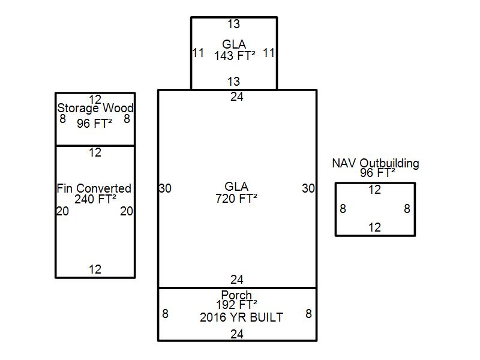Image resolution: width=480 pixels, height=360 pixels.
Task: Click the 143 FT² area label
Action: coord(235,55)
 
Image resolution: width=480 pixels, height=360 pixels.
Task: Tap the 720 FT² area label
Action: coord(236,199)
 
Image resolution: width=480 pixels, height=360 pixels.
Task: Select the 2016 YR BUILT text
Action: coord(241,317)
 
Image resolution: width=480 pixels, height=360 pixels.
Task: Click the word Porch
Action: coord(236,295)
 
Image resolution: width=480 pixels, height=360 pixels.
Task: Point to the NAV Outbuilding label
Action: coord(376,163)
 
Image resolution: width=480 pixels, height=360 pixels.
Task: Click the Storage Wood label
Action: coord(95,109)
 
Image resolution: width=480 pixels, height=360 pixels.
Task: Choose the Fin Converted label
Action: coord(94,188)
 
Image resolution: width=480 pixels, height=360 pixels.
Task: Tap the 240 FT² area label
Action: coord(95,199)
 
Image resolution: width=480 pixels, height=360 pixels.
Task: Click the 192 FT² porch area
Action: coord(236,304)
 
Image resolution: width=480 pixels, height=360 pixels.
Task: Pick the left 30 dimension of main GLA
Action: coord(165,188)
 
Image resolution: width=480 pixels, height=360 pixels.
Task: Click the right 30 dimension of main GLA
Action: coord(308,188)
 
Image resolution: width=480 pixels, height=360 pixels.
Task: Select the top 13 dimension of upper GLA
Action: coord(233,24)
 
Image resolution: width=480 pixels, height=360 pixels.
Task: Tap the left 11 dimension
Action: coord(198,53)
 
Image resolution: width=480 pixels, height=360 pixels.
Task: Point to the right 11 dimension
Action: coord(269,53)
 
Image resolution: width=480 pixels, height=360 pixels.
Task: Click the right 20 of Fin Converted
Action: coord(126,211)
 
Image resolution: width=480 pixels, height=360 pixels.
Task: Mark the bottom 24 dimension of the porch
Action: coord(237,334)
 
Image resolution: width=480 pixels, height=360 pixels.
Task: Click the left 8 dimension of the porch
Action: coord(165,313)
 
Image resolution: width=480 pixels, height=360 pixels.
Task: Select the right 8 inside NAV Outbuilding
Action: coord(407,209)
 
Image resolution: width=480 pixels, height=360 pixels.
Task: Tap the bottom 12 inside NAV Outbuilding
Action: coord(374,227)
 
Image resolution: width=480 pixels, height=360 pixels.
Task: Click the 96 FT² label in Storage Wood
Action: coord(94,124)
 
